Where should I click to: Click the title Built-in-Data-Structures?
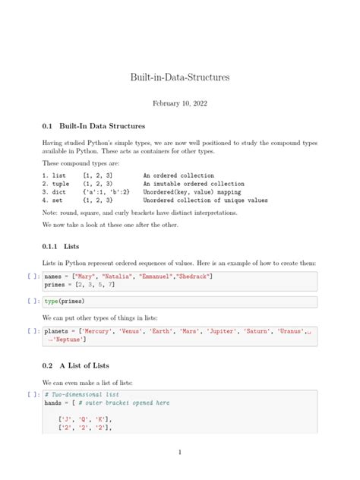pos(180,77)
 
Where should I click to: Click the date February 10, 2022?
pos(180,103)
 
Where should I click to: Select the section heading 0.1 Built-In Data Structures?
pos(94,125)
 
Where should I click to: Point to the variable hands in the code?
pos(54,403)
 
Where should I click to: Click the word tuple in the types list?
pos(62,184)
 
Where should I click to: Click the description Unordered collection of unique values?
pos(205,201)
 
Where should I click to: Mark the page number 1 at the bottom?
pos(180,453)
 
